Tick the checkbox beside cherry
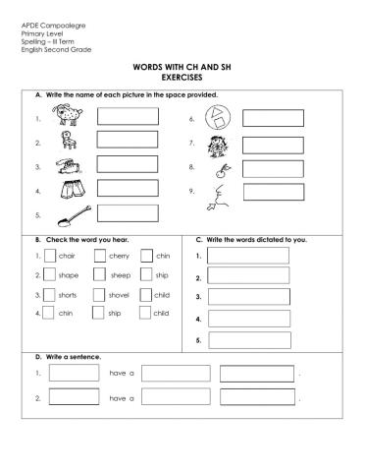[99, 256]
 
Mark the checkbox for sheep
[99, 275]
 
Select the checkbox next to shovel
[99, 294]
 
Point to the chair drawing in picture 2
[68, 144]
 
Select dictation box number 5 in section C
[248, 340]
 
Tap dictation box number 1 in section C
[248, 256]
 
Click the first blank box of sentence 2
[74, 398]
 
